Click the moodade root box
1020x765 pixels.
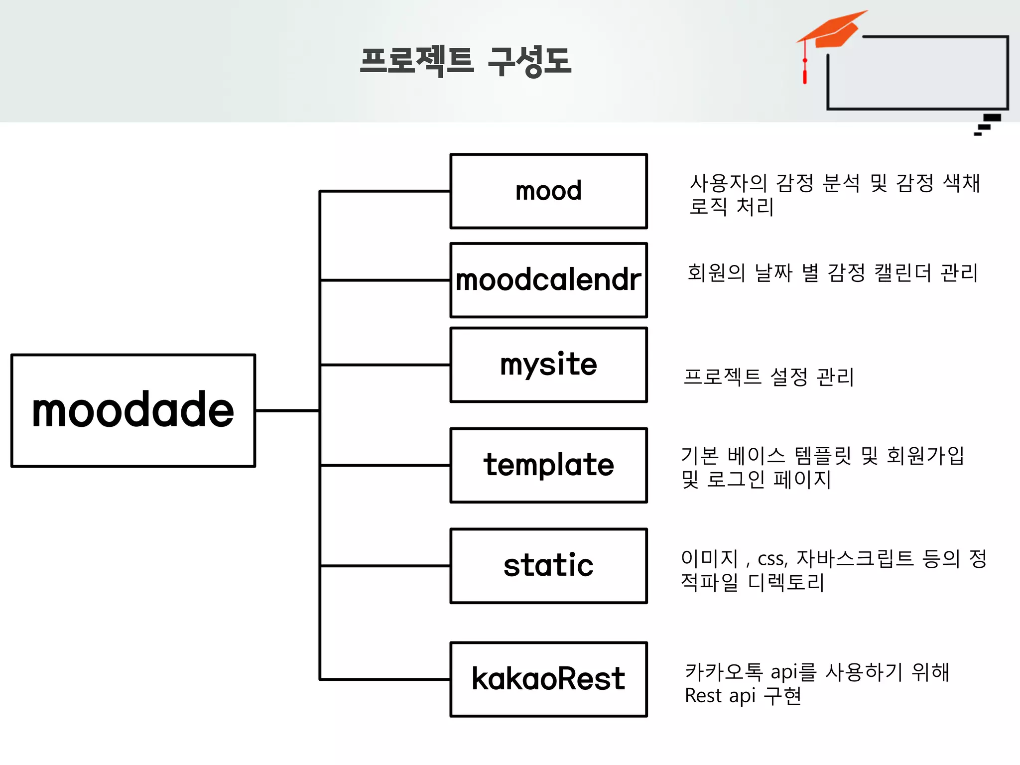point(133,410)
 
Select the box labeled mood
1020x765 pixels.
point(548,191)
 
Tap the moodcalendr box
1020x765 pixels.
point(548,280)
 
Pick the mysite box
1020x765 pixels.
point(548,365)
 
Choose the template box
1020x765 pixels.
point(548,465)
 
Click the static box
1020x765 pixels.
point(548,566)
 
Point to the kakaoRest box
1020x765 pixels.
point(548,679)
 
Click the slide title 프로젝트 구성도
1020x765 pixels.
point(465,61)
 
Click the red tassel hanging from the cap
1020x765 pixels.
point(805,72)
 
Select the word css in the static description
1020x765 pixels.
point(772,559)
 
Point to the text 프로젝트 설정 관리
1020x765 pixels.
point(768,377)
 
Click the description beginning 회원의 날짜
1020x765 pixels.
point(832,273)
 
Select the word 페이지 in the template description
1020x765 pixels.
point(802,480)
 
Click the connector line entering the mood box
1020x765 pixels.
point(384,191)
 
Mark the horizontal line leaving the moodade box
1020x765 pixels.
point(287,410)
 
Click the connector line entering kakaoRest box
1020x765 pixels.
point(384,679)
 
